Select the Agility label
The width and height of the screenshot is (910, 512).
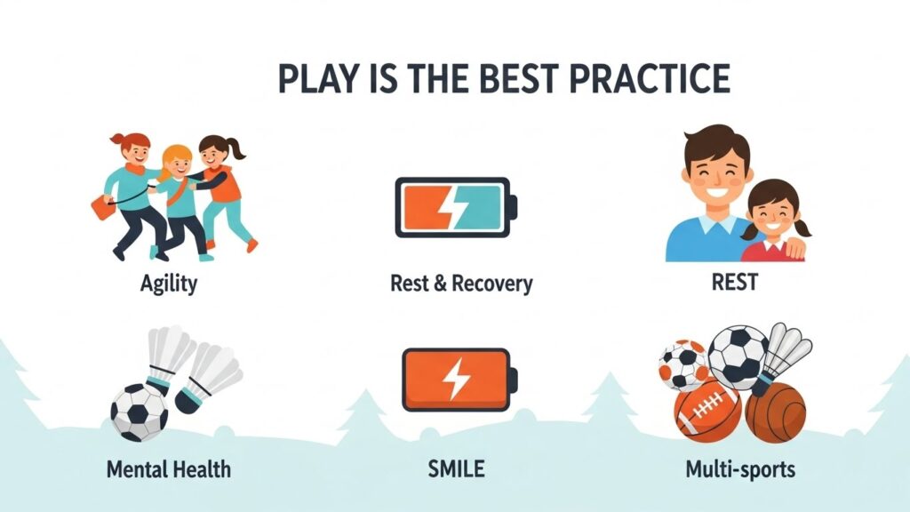pos(169,284)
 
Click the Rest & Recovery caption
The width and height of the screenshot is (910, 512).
pos(461,284)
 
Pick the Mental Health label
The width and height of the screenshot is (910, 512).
pos(169,469)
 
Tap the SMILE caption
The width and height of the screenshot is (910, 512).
pos(456,468)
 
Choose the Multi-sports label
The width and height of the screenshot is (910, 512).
pos(740,468)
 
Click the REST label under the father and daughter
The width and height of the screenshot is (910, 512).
pos(735,282)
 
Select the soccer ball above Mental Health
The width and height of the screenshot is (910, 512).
pos(140,412)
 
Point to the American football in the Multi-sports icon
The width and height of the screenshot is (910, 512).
pos(707,409)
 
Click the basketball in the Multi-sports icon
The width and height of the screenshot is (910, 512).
pos(775,412)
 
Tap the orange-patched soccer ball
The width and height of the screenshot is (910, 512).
pos(684,364)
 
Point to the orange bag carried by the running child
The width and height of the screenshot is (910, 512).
pos(103,207)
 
